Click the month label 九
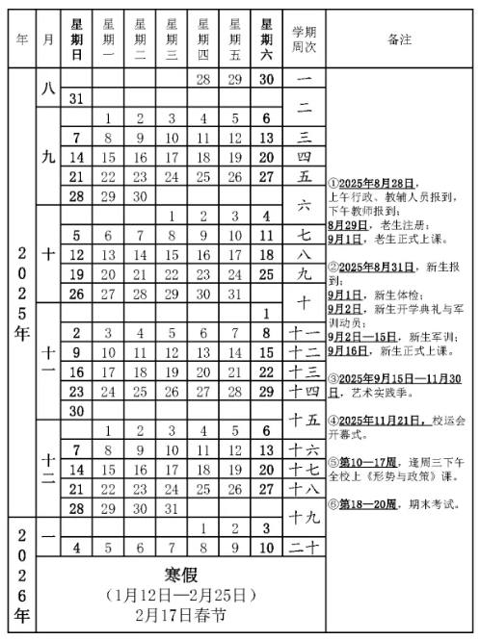tap(48, 157)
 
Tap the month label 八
tap(48, 87)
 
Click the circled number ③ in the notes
tap(332, 380)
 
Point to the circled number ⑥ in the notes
tap(332, 501)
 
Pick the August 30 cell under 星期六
tap(266, 79)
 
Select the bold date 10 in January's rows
tap(266, 548)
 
